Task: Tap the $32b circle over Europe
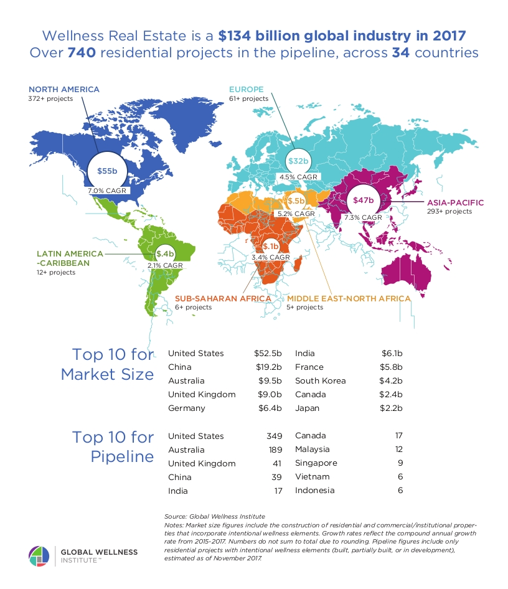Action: [x=298, y=161]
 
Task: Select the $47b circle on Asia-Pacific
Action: [x=363, y=200]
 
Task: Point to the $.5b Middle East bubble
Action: [x=296, y=201]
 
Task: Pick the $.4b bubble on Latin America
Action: [x=165, y=253]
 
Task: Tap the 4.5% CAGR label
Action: [x=298, y=177]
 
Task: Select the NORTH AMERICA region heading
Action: [x=63, y=89]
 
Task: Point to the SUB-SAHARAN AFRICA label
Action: [x=223, y=298]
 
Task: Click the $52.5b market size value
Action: [x=269, y=354]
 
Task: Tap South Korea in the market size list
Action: [x=320, y=381]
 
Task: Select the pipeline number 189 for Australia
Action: [x=274, y=450]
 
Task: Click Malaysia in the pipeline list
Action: [x=313, y=450]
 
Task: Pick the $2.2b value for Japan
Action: [x=392, y=408]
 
